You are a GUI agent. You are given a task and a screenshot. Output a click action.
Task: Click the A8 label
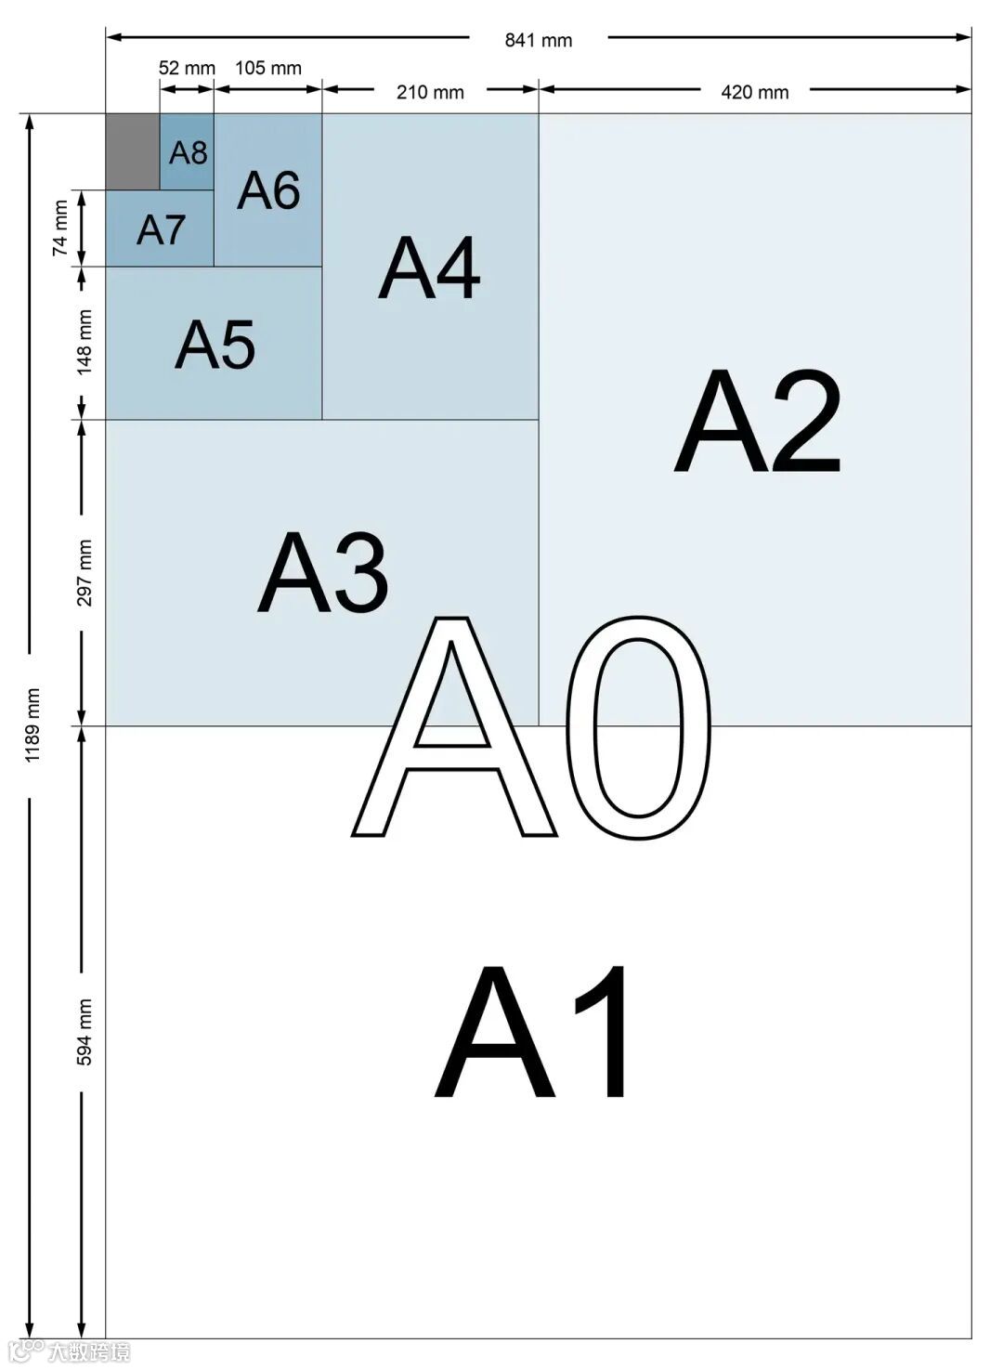point(188,152)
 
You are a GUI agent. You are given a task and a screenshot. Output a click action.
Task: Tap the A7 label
point(161,229)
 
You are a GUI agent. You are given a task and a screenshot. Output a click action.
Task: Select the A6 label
point(268,190)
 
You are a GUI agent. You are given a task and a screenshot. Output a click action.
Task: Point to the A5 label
point(215,345)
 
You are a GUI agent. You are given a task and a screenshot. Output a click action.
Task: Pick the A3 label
point(322,573)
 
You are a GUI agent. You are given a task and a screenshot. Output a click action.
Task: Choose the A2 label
point(757,422)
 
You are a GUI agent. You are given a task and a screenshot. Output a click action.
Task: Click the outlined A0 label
point(531,727)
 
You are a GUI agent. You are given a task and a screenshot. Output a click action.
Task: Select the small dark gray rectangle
point(132,151)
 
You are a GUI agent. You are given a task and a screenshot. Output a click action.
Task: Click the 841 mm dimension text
point(539,40)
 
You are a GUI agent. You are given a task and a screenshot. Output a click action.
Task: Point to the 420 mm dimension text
point(755,92)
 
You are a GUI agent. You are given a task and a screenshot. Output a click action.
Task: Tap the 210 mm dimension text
point(430,92)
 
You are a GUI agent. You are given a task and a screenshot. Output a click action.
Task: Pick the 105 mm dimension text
point(268,68)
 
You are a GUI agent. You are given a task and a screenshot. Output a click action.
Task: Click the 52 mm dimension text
point(187,68)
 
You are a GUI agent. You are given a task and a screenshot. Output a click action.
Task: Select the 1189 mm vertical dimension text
point(33,725)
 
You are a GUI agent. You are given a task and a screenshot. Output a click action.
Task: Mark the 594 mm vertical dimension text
point(85,1032)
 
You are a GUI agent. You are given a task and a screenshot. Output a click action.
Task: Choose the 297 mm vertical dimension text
point(85,573)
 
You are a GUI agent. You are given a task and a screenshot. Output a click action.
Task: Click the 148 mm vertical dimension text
point(85,343)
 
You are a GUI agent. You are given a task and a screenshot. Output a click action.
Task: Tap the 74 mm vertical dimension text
point(60,228)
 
